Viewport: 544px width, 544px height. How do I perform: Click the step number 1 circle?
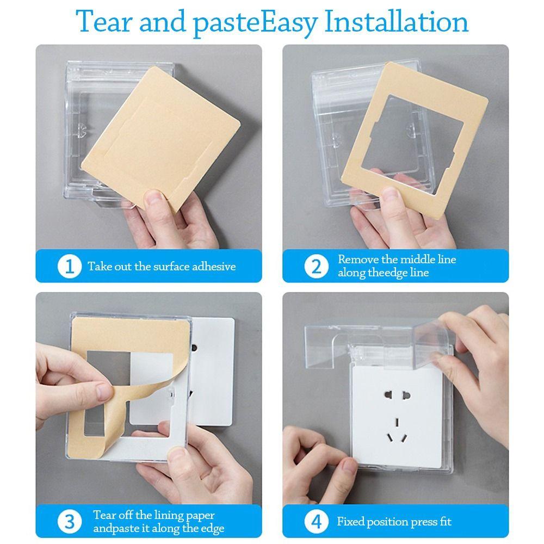[68, 267]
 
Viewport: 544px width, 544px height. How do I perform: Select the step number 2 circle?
[316, 267]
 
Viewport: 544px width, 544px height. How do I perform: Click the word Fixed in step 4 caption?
[351, 521]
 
